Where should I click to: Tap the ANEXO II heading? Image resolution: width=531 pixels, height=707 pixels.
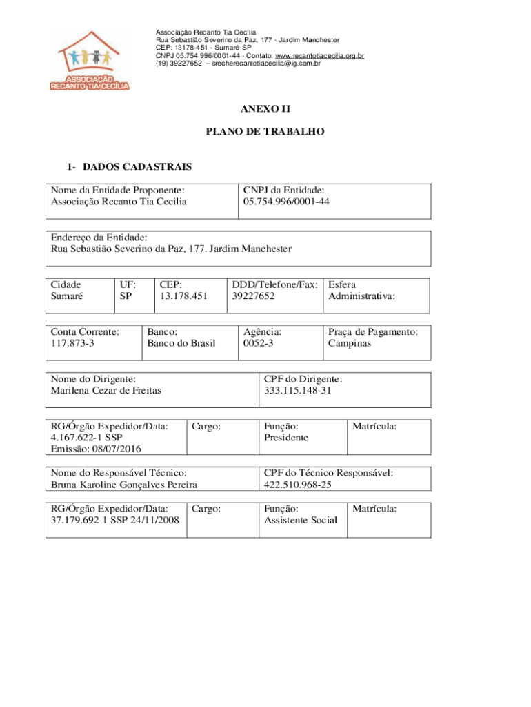click(x=265, y=109)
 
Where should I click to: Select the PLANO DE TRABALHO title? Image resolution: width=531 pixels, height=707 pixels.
click(x=265, y=130)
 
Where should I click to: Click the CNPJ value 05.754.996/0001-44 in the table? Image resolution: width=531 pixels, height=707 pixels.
click(x=286, y=202)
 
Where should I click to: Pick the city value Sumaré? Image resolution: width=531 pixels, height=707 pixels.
click(x=67, y=296)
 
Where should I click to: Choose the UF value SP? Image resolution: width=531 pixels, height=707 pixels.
click(x=126, y=296)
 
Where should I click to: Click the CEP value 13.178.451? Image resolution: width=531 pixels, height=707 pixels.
click(x=183, y=296)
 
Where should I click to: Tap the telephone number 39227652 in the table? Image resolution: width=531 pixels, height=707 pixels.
click(x=254, y=296)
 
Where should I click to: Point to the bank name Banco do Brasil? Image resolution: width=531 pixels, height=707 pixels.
click(x=181, y=343)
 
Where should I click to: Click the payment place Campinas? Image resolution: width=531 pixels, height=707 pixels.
click(x=349, y=343)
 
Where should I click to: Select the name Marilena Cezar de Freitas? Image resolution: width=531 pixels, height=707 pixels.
click(x=106, y=391)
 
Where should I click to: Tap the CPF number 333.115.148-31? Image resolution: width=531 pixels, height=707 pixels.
click(x=298, y=391)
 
